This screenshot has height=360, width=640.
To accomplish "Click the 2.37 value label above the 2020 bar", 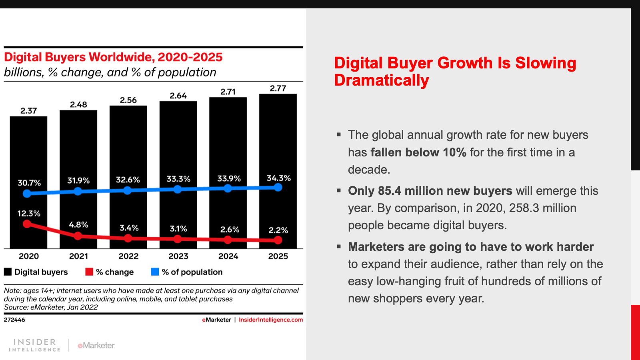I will pos(29,111).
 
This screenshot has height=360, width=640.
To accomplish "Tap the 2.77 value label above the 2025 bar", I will pos(278,88).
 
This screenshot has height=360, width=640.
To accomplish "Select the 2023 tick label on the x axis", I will pos(178,256).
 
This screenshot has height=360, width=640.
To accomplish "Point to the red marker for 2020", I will pos(27,224).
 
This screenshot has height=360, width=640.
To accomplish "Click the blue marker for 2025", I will pos(278,187).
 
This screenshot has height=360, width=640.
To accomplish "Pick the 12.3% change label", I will pos(29,214).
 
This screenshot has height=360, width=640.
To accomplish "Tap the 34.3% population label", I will pos(279,178).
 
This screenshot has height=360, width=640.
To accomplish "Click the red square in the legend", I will pos(89,272).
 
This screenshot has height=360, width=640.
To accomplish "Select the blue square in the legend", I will pos(155,272).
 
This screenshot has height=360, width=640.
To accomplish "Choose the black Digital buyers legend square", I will pos(8,272).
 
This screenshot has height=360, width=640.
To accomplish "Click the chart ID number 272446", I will pos(14,320).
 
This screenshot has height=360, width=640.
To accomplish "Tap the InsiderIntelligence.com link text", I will pos(271,320).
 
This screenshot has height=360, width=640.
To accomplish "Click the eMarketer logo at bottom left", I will pos(96,346).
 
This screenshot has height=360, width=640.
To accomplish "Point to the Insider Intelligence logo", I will pos(34,345).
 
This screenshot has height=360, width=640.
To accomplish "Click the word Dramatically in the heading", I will pos(382,80).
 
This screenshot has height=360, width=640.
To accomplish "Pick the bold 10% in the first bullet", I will pos(454,152).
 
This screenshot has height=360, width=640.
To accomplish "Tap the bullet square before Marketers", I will pos(339,247).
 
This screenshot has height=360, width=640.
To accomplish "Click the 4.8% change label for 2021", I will pos(78,225).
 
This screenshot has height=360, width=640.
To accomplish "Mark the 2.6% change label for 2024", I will pos(230,230).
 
